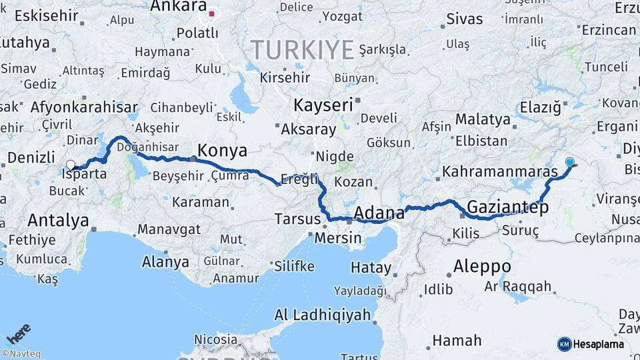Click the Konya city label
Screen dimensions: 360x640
[223, 150]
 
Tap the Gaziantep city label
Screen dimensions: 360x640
[507, 207]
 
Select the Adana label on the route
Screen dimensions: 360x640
[379, 213]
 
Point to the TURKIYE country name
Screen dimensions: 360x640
[302, 49]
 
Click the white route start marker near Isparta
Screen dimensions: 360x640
[71, 165]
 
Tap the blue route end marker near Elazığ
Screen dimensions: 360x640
[569, 162]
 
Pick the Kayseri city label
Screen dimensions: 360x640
[323, 105]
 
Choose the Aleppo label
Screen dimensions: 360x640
[482, 267]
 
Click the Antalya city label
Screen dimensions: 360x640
[58, 220]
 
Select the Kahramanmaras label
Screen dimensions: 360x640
[499, 171]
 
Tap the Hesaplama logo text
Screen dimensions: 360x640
[598, 344]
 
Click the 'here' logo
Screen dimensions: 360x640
[19, 334]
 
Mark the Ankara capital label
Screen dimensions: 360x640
[179, 7]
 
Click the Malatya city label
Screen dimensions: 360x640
[483, 120]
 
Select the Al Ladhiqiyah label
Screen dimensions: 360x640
[323, 315]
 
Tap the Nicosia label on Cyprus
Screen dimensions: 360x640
[215, 340]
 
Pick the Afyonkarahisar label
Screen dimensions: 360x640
[84, 107]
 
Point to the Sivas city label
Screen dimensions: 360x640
[464, 19]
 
